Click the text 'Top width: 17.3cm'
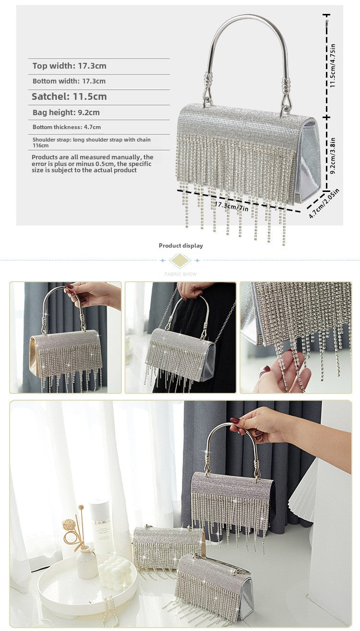coord(70,66)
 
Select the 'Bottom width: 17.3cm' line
coord(69,82)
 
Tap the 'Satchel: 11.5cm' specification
coord(69,96)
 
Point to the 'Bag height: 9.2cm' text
coord(66,113)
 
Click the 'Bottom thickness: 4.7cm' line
coord(67,127)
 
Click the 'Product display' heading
coord(181,246)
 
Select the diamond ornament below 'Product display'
coord(180,261)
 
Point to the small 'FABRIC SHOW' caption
coord(180,274)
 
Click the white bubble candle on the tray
coord(115,572)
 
